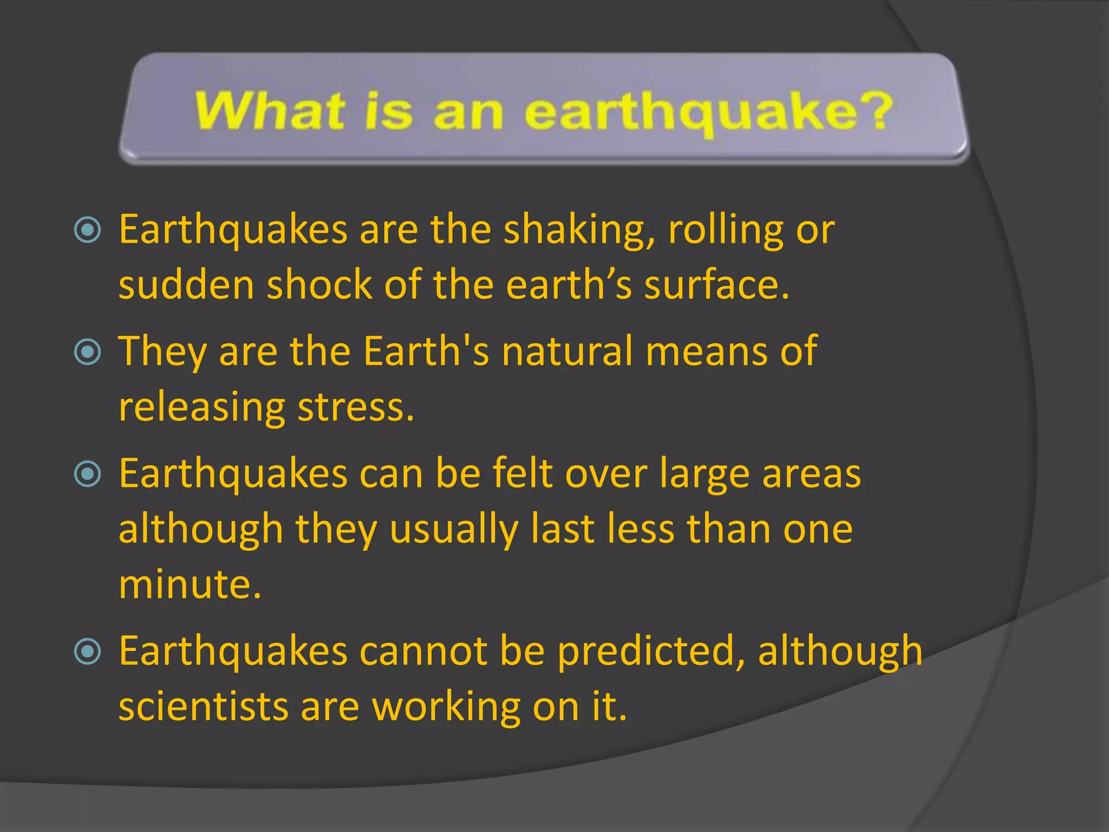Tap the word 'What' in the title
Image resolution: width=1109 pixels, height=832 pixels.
pos(270,111)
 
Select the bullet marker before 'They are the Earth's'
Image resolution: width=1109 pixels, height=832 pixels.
pos(87,352)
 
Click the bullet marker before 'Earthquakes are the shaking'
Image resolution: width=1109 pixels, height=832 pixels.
pos(87,230)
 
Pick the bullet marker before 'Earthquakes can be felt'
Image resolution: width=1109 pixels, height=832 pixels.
pos(87,474)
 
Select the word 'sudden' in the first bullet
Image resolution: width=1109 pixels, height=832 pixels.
pos(186,285)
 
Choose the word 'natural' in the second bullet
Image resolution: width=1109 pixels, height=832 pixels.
pos(567,352)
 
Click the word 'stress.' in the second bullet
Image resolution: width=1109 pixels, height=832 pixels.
pos(356,407)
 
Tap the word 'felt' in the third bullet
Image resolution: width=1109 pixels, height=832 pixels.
pos(523,474)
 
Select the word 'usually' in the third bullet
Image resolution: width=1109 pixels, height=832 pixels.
pos(454,530)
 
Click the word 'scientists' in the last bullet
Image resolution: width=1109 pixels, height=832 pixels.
pos(204,707)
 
